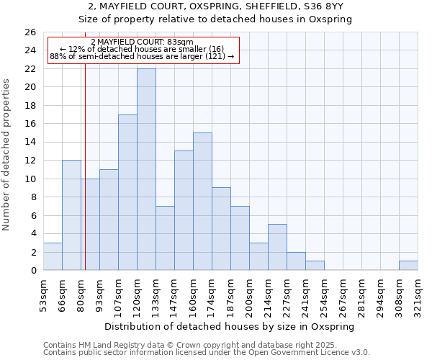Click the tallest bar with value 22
(146, 169)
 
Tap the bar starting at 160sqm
(202, 202)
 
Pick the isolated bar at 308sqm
(408, 266)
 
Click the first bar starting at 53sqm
(53, 256)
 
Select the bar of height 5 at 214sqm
(277, 247)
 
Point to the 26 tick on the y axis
(30, 32)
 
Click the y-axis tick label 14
(30, 143)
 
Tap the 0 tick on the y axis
(32, 271)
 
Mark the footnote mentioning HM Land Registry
(206, 345)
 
